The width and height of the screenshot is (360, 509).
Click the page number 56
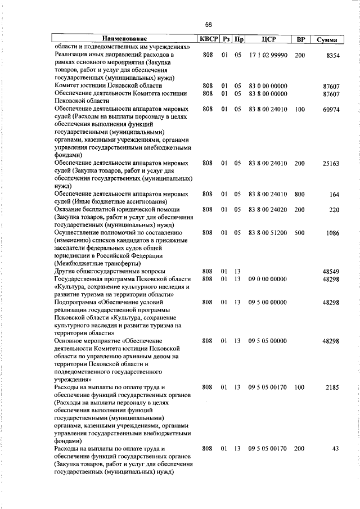click(208, 25)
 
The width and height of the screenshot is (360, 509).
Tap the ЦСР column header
click(267, 40)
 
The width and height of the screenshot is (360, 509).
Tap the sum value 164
click(334, 195)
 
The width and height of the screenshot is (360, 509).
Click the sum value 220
click(334, 210)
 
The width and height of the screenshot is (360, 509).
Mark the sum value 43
click(336, 449)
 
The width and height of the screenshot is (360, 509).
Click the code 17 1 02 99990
click(268, 56)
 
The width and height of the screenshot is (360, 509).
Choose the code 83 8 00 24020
click(268, 210)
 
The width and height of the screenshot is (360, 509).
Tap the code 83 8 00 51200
click(268, 233)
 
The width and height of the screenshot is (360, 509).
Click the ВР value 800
click(299, 195)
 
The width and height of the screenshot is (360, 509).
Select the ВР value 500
click(299, 233)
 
